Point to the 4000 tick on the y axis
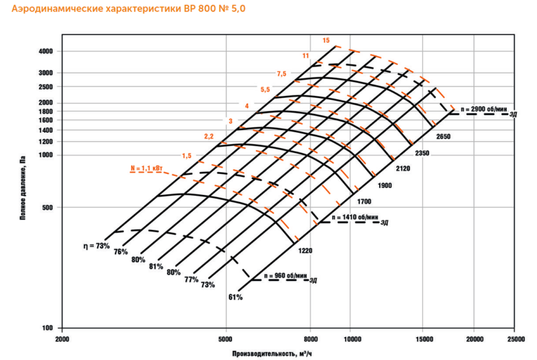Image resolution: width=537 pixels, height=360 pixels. click(46, 52)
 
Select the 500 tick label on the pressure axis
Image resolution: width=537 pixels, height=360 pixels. click(48, 208)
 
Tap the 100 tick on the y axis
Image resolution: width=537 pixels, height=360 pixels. click(48, 328)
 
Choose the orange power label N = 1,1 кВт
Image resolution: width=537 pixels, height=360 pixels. click(146, 168)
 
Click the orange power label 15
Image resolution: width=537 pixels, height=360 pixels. click(326, 41)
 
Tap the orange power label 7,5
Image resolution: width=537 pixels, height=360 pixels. click(282, 73)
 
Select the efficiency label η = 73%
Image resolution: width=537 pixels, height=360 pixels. click(94, 245)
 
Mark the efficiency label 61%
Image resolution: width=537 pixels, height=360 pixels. click(235, 297)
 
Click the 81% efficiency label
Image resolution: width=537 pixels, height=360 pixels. click(155, 266)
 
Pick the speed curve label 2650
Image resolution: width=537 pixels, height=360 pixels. click(443, 136)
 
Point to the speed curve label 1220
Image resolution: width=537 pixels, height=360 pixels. click(304, 250)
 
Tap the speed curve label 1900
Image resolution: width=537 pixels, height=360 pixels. click(384, 186)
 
